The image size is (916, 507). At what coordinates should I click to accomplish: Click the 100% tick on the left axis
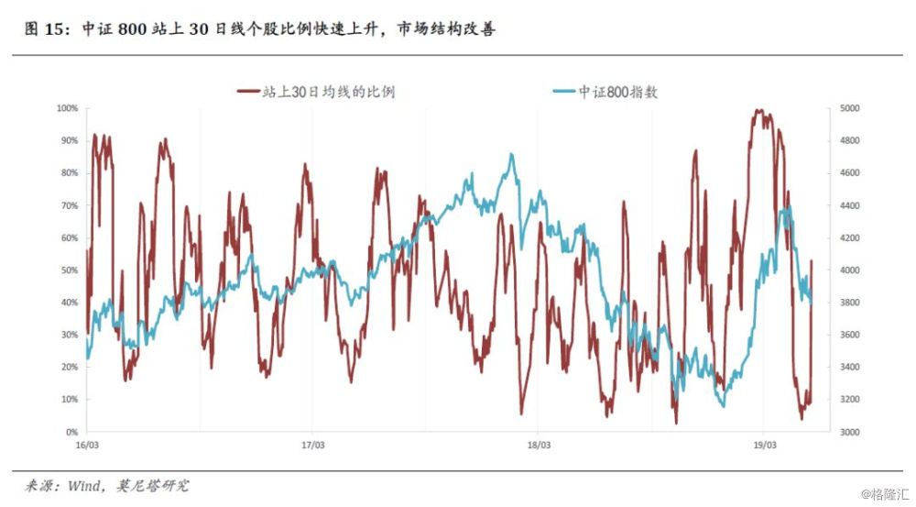pos(68,108)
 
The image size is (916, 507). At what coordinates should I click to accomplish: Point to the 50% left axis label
pos(70,270)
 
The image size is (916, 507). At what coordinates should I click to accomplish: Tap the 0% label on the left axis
pos(71,432)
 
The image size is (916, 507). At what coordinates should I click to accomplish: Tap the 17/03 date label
pos(312,446)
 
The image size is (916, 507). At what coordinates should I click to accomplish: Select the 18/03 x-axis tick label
pos(539,446)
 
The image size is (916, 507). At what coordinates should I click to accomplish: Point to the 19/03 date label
pos(765,446)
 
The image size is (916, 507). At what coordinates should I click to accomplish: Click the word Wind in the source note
pos(84,484)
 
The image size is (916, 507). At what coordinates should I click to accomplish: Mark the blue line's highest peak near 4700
pos(511,154)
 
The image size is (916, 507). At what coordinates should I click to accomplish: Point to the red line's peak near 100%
pos(758,110)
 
